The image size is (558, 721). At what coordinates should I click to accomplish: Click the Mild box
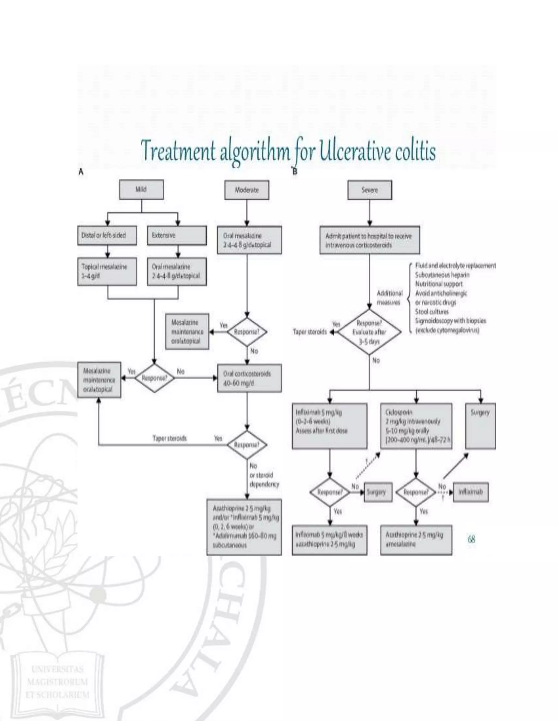pyautogui.click(x=141, y=189)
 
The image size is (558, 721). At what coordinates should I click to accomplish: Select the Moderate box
pyautogui.click(x=247, y=190)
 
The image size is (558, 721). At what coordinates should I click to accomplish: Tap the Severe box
pyautogui.click(x=369, y=190)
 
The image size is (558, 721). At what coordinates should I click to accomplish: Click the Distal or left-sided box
pyautogui.click(x=107, y=235)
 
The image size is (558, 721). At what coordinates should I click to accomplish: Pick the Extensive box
pyautogui.click(x=177, y=235)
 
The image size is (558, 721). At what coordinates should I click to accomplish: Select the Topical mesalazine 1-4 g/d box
pyautogui.click(x=107, y=271)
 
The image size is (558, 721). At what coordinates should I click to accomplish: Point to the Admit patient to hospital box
pyautogui.click(x=369, y=240)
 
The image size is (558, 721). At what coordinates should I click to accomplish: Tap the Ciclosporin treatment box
pyautogui.click(x=416, y=426)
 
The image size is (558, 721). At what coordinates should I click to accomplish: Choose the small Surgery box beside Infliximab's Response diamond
pyautogui.click(x=378, y=492)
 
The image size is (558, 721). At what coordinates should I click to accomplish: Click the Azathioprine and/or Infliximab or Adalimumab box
pyautogui.click(x=244, y=527)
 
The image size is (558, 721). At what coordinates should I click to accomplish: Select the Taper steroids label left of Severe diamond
pyautogui.click(x=310, y=332)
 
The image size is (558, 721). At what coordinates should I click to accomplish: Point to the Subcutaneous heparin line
pyautogui.click(x=442, y=275)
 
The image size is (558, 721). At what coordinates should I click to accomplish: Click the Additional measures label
pyautogui.click(x=389, y=298)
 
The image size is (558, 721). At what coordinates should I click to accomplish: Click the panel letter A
pyautogui.click(x=81, y=172)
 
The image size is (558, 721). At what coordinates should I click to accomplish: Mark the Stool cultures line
pyautogui.click(x=432, y=312)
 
